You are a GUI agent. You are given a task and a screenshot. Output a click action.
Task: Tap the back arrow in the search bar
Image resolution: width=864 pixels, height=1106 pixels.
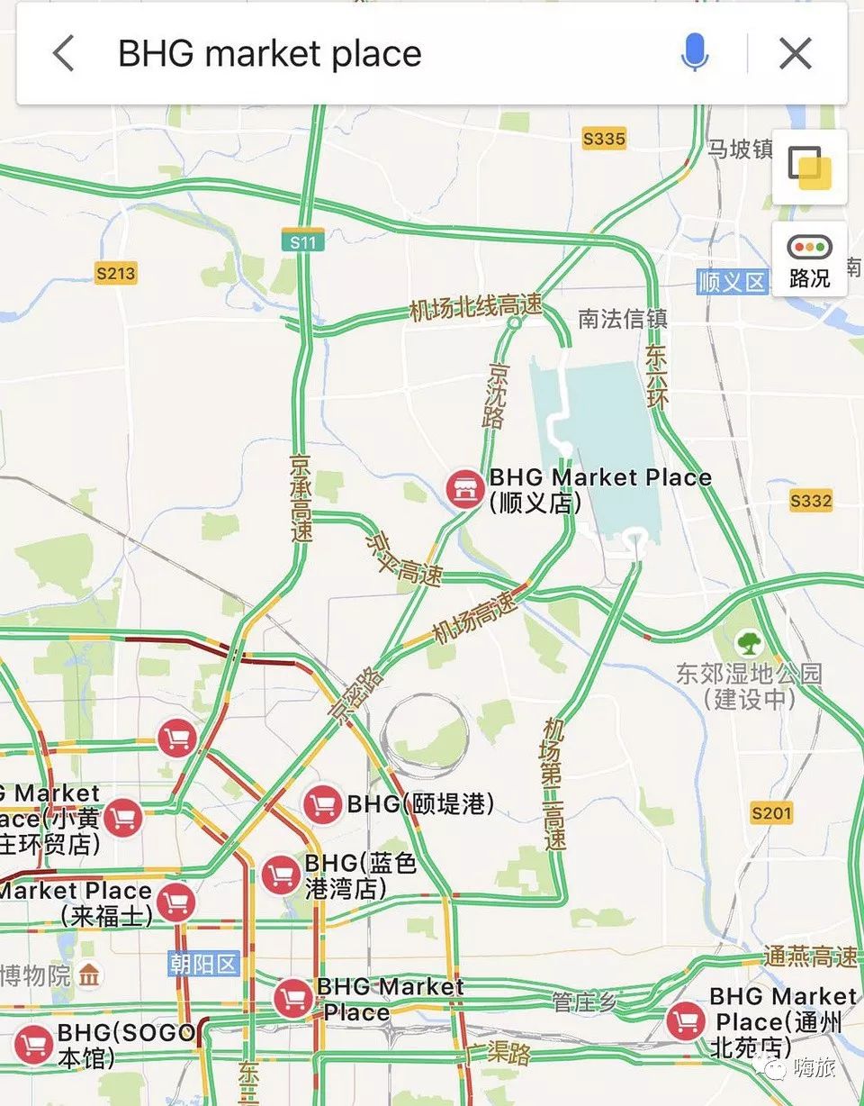[x=63, y=54]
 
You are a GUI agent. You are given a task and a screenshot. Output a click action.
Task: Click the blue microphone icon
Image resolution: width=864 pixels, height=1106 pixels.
[x=694, y=54]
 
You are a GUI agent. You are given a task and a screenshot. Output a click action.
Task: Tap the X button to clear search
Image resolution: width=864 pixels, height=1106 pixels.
[x=796, y=54]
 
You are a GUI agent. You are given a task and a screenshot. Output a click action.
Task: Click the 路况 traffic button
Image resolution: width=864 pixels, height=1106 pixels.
[x=809, y=259]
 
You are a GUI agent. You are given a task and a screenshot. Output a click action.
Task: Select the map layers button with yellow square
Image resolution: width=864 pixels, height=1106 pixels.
[x=809, y=167]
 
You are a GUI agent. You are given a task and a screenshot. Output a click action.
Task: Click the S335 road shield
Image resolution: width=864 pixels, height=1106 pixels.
[x=604, y=139]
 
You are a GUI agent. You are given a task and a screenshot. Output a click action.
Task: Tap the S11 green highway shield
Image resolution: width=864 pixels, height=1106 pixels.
[x=302, y=240]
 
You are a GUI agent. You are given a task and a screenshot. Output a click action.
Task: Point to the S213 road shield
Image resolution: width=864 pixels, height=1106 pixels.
[x=116, y=273]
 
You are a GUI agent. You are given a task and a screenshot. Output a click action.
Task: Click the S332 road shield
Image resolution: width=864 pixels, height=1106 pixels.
[x=811, y=501]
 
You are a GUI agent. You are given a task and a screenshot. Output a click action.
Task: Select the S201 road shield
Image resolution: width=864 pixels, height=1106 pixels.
[x=771, y=814]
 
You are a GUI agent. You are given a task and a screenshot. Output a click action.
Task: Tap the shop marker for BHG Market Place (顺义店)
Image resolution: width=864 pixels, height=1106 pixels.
[x=465, y=489]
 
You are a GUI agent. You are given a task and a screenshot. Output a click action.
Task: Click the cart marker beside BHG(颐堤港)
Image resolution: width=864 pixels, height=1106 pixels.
[x=322, y=803]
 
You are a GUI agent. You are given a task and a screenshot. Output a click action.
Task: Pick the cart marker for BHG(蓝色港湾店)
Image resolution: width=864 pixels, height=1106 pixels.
[x=282, y=875]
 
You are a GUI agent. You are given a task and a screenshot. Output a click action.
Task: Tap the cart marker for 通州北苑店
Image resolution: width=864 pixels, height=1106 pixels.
[x=686, y=1021]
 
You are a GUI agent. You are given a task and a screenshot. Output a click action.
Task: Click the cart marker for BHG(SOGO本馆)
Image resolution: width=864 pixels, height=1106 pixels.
[x=34, y=1045]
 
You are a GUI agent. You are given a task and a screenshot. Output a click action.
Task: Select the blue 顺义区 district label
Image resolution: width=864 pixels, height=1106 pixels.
[x=732, y=282]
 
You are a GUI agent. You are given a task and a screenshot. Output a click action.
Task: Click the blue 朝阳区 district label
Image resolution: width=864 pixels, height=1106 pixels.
[x=203, y=965]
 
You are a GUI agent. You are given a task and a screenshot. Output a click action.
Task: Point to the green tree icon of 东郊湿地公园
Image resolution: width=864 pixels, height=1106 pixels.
[x=749, y=643]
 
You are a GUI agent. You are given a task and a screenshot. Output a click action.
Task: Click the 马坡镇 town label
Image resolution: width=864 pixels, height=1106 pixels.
[x=740, y=149]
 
